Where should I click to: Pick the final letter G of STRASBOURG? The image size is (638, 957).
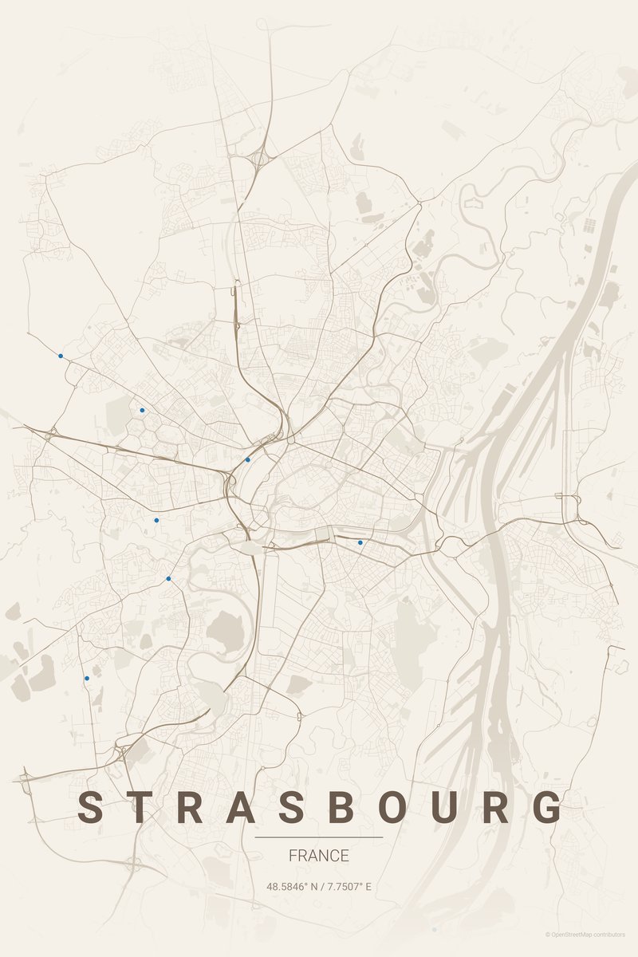tap(549, 807)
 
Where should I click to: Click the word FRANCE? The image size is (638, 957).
tap(319, 856)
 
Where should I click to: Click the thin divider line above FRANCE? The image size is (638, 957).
tap(319, 837)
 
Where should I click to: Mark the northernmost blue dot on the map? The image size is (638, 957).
tap(61, 356)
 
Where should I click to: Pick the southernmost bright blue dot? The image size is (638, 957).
tap(87, 678)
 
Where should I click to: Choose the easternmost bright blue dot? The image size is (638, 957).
tap(360, 542)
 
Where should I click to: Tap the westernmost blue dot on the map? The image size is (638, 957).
tap(61, 356)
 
